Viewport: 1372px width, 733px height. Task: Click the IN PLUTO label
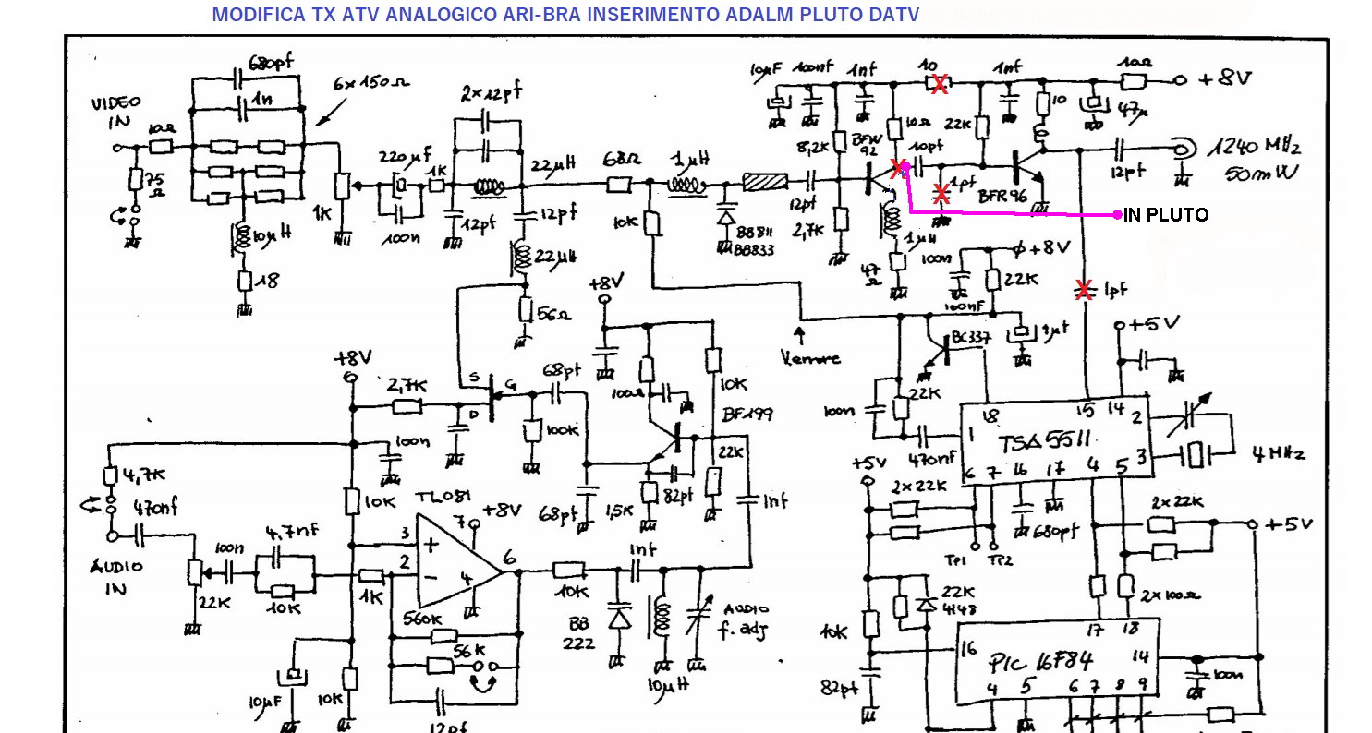[x=1166, y=215]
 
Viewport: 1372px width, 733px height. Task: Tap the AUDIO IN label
[x=115, y=577]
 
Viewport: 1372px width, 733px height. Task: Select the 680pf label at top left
[x=272, y=63]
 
